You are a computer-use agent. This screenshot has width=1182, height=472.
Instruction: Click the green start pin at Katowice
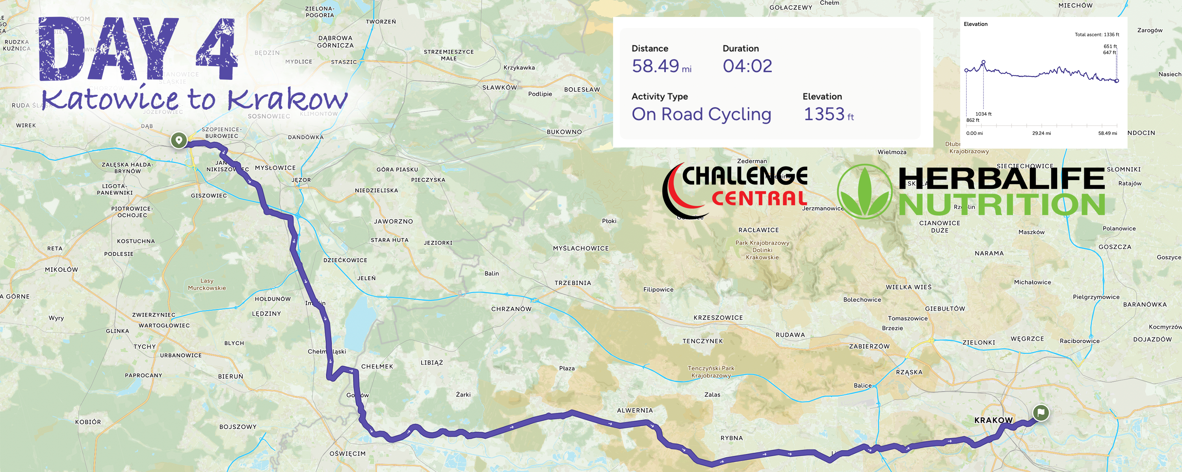[179, 140]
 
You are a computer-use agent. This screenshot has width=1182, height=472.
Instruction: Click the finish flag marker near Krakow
[1041, 413]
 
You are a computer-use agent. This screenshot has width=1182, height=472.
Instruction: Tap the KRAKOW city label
[993, 420]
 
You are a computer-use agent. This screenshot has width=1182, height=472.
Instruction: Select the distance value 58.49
[655, 66]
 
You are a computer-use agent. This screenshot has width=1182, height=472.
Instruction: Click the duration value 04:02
[747, 66]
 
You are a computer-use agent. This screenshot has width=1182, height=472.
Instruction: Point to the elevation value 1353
[823, 114]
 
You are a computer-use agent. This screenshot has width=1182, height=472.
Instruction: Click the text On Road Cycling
[701, 114]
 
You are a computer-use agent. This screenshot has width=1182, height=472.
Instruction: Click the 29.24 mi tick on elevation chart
[1041, 133]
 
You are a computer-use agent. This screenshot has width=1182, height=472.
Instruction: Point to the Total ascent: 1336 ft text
[1097, 34]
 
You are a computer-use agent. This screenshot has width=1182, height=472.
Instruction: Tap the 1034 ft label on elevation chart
[983, 114]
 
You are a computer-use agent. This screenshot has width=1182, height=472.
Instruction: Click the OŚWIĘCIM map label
[348, 454]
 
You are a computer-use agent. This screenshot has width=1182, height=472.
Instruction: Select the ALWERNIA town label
[635, 411]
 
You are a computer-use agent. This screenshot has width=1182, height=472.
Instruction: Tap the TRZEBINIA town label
[572, 283]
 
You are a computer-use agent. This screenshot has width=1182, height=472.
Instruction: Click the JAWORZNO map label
[393, 221]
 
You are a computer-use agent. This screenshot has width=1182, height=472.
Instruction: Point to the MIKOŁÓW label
[61, 269]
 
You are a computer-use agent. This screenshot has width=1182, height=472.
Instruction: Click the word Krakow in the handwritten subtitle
[288, 98]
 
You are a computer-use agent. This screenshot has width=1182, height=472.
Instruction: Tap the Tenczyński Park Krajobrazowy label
[711, 372]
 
